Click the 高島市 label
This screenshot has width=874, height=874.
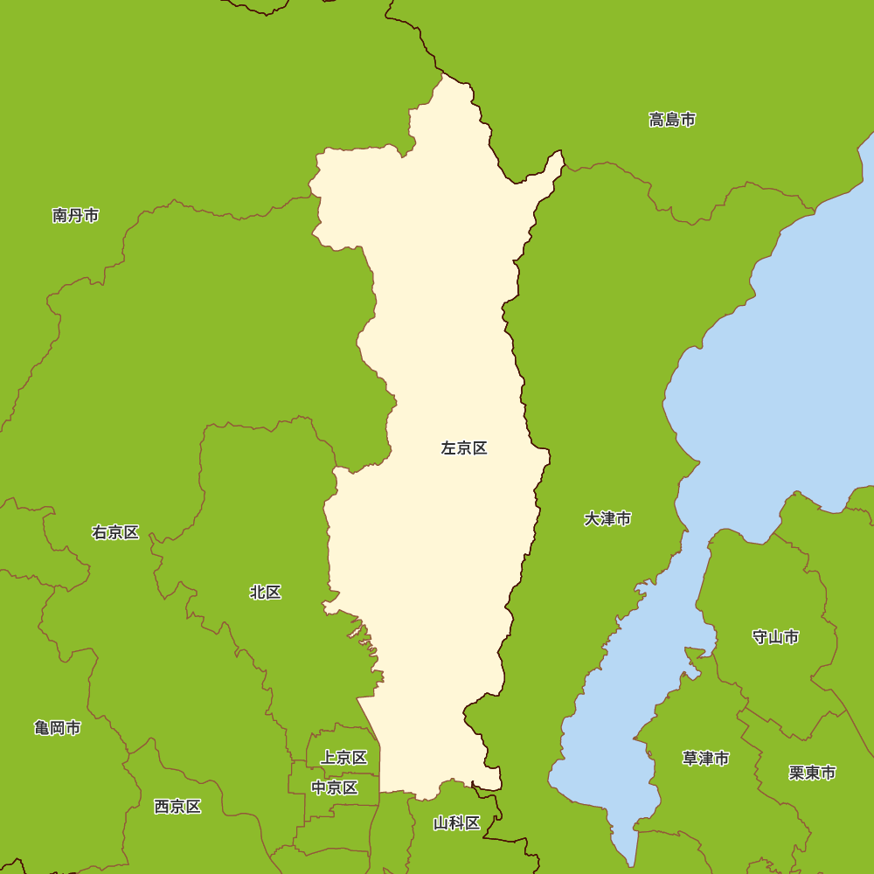[672, 120]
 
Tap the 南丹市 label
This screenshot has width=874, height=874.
[75, 215]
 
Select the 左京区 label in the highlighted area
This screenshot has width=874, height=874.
[464, 448]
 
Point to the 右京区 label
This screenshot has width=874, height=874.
[115, 532]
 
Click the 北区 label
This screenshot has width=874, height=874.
[266, 593]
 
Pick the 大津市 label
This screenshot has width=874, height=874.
[607, 519]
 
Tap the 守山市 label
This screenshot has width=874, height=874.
[775, 637]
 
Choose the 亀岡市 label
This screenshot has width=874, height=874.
[58, 728]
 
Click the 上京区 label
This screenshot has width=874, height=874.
[343, 758]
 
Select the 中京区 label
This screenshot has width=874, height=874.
[335, 787]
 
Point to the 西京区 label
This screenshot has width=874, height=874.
[177, 807]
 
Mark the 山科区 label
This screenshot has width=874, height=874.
[457, 823]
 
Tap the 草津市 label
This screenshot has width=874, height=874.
[705, 759]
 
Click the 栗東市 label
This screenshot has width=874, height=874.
[812, 773]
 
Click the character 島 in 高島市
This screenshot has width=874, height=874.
[672, 120]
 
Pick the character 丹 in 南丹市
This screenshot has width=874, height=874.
[75, 215]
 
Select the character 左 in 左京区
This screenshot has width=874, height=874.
[449, 448]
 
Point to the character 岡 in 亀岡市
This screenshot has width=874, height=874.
[58, 728]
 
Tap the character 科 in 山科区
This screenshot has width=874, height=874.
[457, 823]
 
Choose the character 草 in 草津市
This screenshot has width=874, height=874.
[690, 759]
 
